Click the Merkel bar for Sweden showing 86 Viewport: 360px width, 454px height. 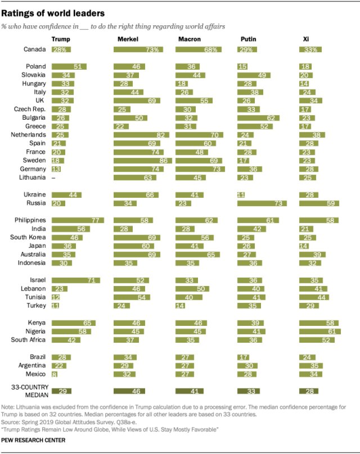pyautogui.click(x=142, y=160)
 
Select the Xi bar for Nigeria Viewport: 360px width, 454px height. pyautogui.click(x=319, y=331)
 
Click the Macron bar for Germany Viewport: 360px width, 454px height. pyautogui.click(x=200, y=169)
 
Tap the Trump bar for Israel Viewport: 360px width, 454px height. pyautogui.click(x=75, y=280)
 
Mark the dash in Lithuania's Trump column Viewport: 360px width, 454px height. pyautogui.click(x=53, y=178)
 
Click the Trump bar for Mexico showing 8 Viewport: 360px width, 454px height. pyautogui.click(x=54, y=374)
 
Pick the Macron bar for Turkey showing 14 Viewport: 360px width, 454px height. pyautogui.click(x=180, y=306)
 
